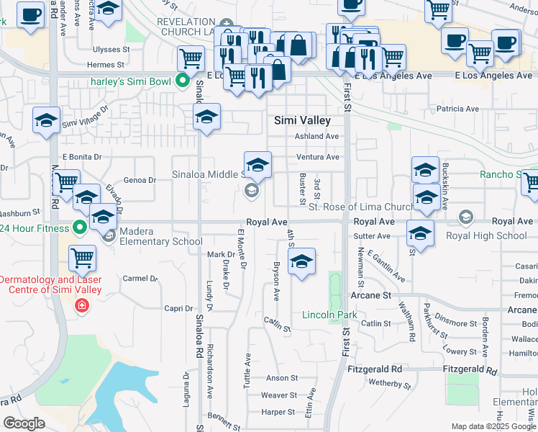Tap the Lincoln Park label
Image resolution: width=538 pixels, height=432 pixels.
point(329,315)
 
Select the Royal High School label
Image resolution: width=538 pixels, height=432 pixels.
point(486,235)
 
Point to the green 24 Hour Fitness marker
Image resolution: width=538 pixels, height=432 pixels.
point(80,229)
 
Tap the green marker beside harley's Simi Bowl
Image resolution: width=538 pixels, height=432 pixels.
point(183,81)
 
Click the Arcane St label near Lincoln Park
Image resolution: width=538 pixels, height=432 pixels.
point(370,295)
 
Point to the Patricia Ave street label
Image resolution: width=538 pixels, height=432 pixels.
point(457,109)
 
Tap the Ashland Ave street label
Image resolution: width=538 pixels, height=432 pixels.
point(316,136)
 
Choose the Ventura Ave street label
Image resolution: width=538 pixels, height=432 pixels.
point(317,157)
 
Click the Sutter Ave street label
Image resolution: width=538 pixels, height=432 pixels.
point(372,236)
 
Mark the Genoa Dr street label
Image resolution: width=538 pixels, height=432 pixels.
point(140,180)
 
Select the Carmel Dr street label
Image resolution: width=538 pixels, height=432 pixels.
point(140,278)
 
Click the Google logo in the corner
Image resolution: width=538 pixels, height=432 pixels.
point(24,423)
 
